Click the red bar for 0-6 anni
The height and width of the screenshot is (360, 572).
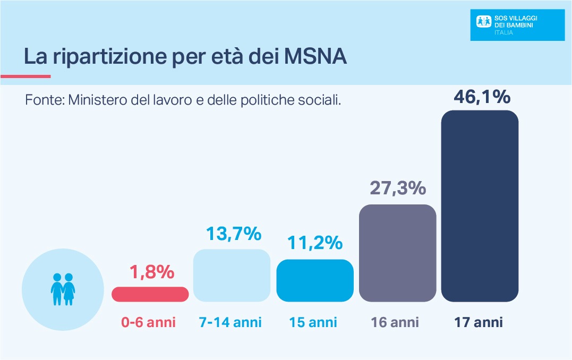tap(150, 294)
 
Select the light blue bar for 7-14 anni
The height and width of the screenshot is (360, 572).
tap(232, 276)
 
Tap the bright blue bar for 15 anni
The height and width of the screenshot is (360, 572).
tap(315, 281)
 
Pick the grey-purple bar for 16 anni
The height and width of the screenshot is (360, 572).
tap(398, 253)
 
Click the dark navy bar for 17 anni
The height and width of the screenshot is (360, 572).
tap(480, 206)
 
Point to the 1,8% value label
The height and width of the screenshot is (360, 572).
tap(152, 272)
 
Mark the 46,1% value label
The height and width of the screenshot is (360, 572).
tap(482, 97)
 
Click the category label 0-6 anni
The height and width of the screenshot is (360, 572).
tap(148, 322)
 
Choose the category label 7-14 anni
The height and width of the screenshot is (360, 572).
tap(230, 322)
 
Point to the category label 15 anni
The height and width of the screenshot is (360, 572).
tap(313, 322)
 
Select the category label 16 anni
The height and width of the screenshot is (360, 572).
tap(395, 322)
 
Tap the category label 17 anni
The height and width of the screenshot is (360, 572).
tap(478, 322)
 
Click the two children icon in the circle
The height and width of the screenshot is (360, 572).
tap(62, 289)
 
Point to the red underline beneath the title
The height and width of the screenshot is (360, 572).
tap(25, 76)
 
